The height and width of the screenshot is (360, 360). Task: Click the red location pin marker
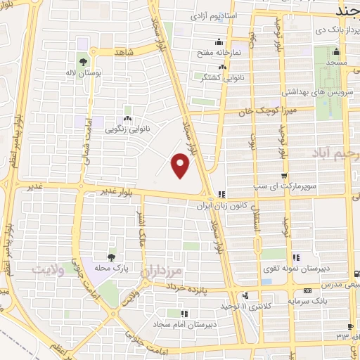coord(181,166)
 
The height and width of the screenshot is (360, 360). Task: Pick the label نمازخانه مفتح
coord(237,52)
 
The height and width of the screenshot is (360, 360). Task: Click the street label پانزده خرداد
coord(189,287)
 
